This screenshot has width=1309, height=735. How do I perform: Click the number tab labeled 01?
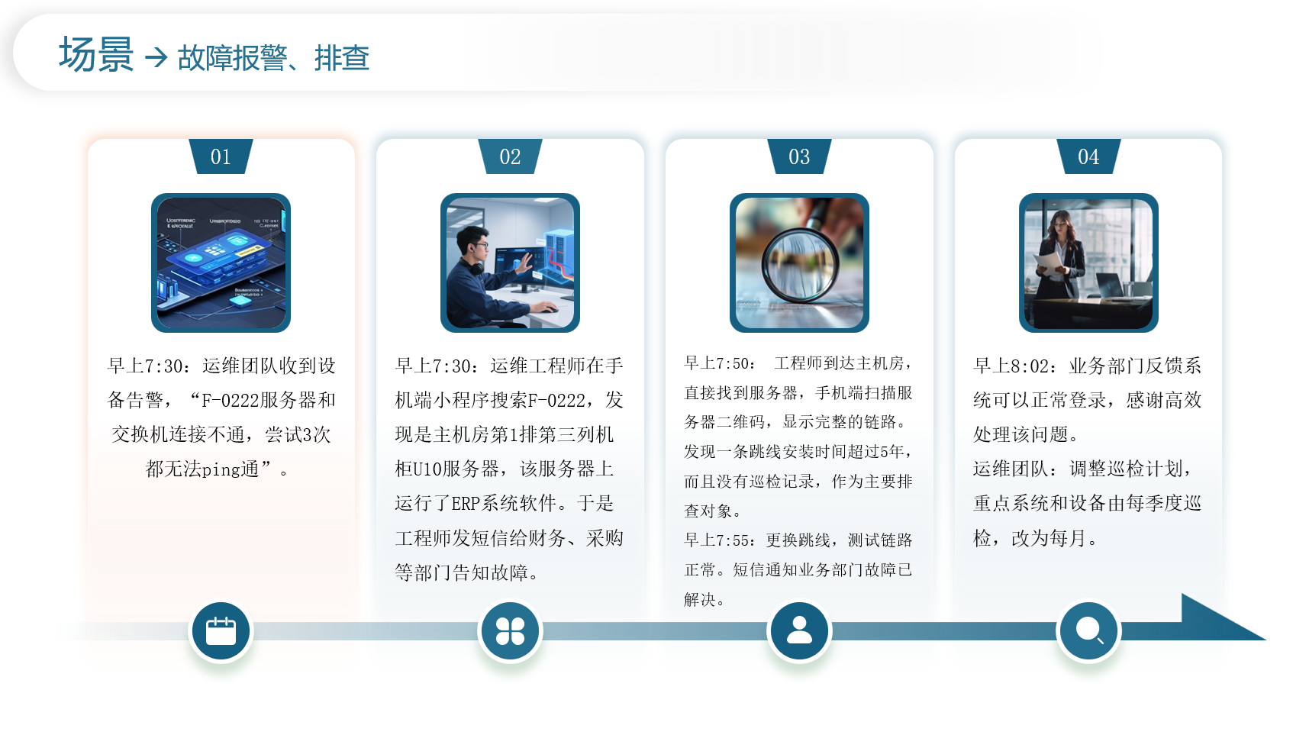(x=221, y=156)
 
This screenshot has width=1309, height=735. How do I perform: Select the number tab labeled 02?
(x=510, y=156)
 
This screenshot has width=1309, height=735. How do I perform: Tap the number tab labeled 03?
(x=799, y=156)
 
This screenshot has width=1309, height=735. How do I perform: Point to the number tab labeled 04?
(x=1088, y=156)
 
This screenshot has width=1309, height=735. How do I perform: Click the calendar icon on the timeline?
(x=221, y=631)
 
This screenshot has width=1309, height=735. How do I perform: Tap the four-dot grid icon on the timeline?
(x=510, y=631)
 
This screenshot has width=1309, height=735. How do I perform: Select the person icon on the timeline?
(x=799, y=631)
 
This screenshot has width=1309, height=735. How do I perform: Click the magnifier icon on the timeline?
(x=1088, y=631)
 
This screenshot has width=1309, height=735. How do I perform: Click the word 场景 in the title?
(x=96, y=56)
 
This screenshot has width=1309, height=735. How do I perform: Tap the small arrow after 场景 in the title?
(x=156, y=57)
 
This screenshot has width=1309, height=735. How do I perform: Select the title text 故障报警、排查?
(x=273, y=58)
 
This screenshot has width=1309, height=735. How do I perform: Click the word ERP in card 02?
(x=466, y=504)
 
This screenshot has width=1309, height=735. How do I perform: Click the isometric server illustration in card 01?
(x=221, y=263)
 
